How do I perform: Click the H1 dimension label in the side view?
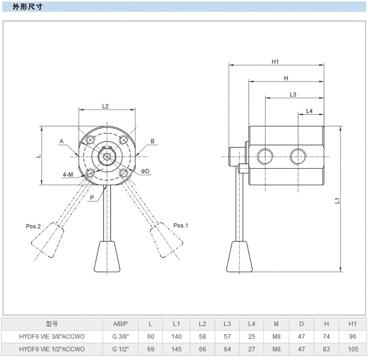[276, 61]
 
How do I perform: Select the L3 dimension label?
[293, 94]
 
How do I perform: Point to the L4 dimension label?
[309, 111]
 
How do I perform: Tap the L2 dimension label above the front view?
[106, 106]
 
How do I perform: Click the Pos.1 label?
[181, 225]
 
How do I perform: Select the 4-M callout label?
[68, 174]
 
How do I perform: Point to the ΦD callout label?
[145, 171]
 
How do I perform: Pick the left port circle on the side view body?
[265, 157]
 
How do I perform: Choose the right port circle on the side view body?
[298, 157]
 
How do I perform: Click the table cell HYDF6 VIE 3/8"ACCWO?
[52, 337]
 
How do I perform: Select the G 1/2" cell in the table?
[120, 349]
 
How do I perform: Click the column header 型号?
[52, 324]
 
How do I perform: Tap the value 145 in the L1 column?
[177, 349]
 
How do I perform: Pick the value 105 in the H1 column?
[353, 349]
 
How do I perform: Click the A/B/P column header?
[120, 324]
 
